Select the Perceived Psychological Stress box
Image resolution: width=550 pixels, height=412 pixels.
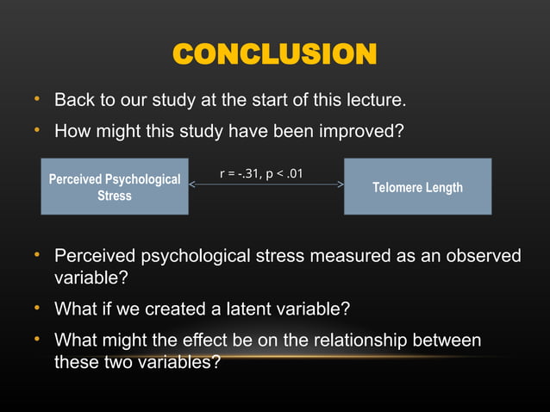(x=115, y=187)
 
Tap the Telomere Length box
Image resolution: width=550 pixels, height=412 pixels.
(x=417, y=187)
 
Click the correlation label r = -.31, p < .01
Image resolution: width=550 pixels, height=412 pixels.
(x=261, y=174)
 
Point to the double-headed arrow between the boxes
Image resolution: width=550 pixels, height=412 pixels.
(x=266, y=184)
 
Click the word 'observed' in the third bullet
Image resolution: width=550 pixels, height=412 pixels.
(x=483, y=256)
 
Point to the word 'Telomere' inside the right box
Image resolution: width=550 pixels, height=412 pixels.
(x=397, y=187)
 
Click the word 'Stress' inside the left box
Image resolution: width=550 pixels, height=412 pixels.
(x=115, y=196)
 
